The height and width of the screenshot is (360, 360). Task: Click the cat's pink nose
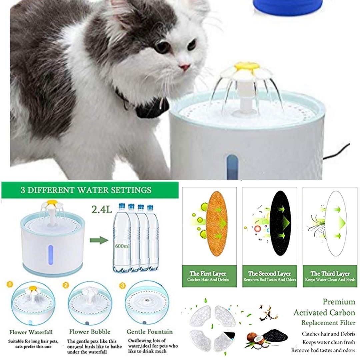click(x=185, y=67)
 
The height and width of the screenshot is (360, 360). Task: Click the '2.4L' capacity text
click(x=102, y=209)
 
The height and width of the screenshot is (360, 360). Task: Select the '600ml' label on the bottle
click(x=122, y=246)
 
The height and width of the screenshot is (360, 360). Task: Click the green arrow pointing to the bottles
click(x=99, y=240)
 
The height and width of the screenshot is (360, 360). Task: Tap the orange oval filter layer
click(x=217, y=223)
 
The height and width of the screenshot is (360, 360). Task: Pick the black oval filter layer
click(x=281, y=223)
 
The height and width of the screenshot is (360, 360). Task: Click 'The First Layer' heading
click(x=208, y=273)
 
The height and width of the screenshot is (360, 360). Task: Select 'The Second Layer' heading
click(x=269, y=273)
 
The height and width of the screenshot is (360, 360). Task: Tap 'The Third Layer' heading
click(x=330, y=273)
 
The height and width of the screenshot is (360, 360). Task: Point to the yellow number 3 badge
click(x=123, y=286)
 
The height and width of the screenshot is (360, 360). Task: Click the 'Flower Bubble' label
click(x=90, y=332)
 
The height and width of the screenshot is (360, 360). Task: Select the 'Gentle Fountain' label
click(x=149, y=332)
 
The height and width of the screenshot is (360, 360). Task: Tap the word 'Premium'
click(x=339, y=302)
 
